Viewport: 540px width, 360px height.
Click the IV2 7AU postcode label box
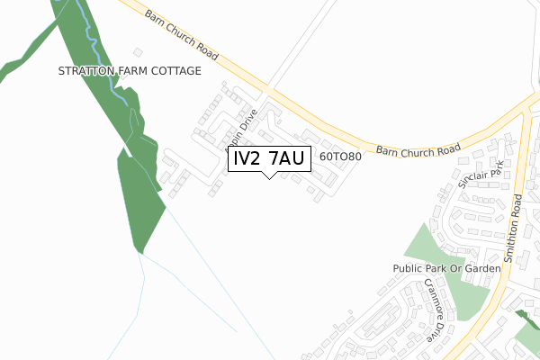(x=269, y=158)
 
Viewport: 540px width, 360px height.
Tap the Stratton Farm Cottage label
(x=129, y=71)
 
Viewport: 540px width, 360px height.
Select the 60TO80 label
(x=340, y=157)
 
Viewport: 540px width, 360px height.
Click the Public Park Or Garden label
(x=446, y=269)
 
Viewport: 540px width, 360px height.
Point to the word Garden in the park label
(x=481, y=269)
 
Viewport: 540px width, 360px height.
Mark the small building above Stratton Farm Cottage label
(x=138, y=53)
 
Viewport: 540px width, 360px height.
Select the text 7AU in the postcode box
(x=289, y=158)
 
